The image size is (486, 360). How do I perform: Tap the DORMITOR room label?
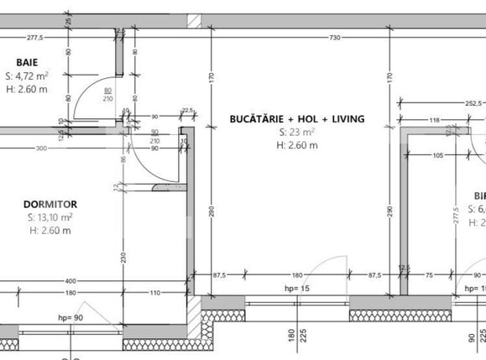(x=50, y=204)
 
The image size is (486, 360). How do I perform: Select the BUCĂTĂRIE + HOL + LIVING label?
(x=296, y=119)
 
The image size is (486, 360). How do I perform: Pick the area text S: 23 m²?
(x=296, y=133)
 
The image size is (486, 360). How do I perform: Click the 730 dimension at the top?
(x=333, y=37)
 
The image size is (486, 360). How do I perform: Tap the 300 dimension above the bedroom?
(x=41, y=148)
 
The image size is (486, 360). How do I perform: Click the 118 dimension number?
(x=434, y=121)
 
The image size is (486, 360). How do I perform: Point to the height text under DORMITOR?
(x=50, y=231)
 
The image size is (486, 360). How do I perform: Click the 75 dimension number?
(x=429, y=274)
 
